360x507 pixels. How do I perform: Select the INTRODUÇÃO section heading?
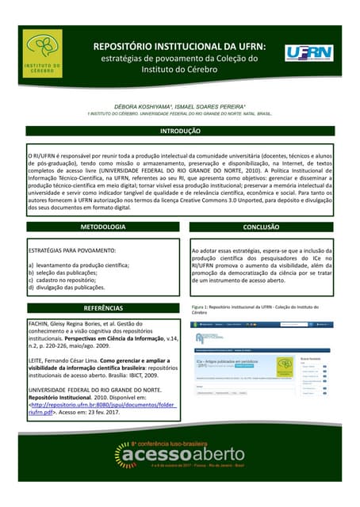click(x=180, y=131)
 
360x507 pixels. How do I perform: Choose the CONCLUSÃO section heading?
click(x=261, y=227)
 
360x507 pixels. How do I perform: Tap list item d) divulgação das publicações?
click(x=67, y=288)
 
